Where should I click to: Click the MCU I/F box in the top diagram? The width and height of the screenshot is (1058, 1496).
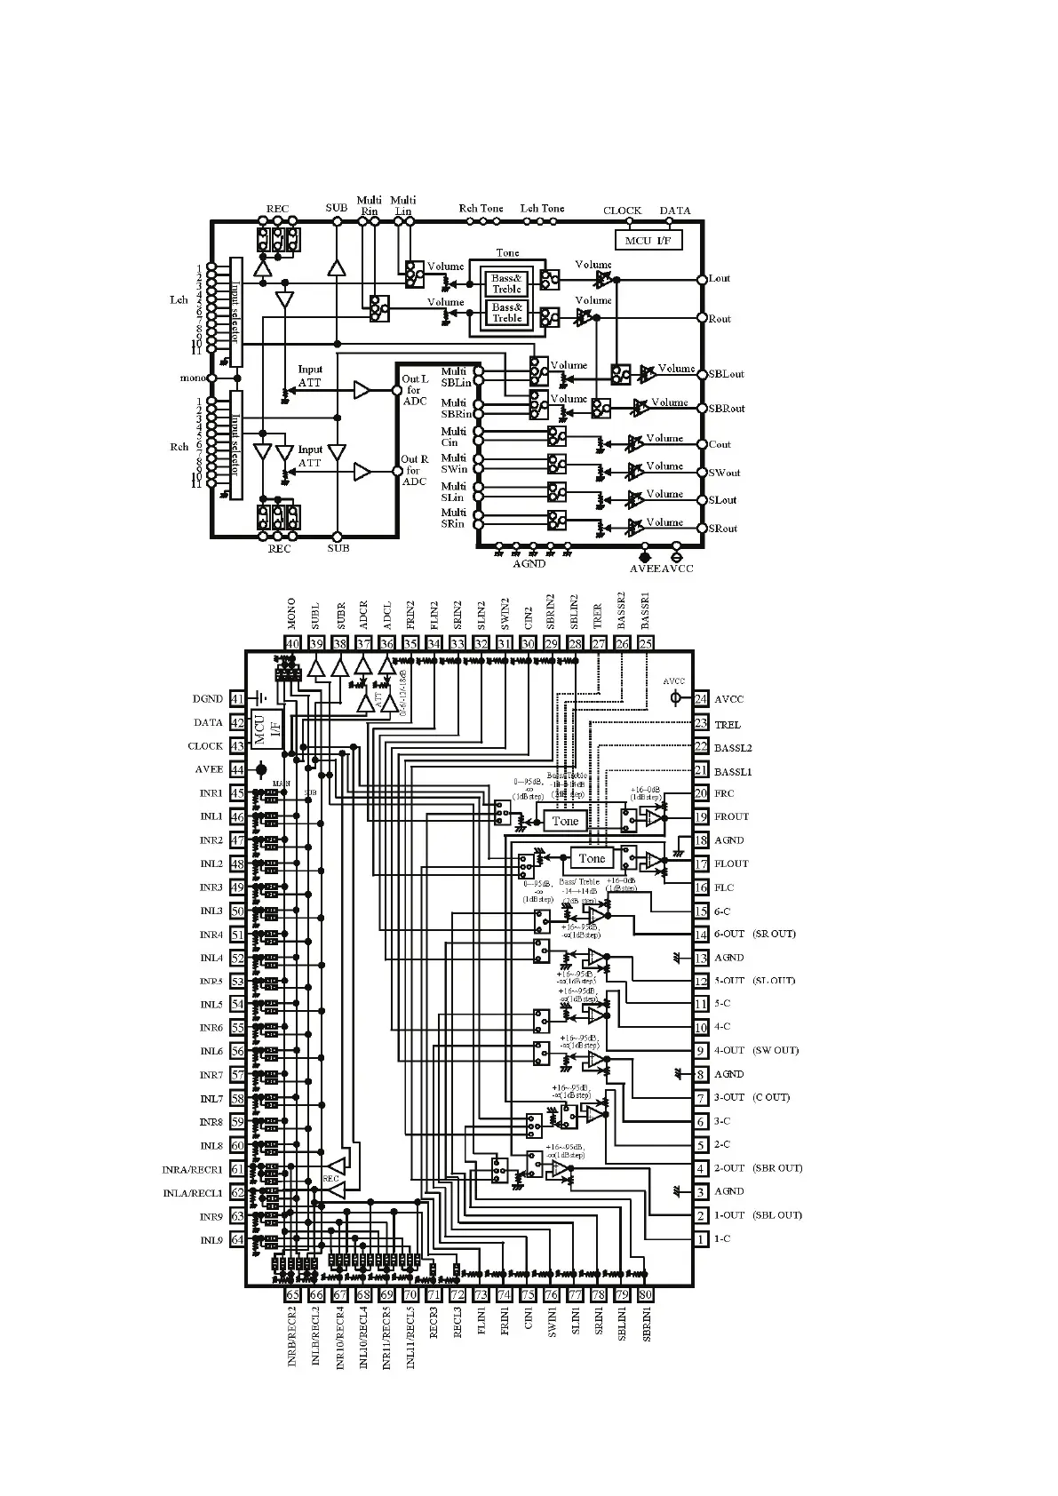point(648,240)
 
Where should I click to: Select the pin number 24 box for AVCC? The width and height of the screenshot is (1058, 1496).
point(701,699)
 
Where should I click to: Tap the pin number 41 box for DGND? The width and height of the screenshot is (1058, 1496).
point(237,699)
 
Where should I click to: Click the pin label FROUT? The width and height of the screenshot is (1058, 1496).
point(731,816)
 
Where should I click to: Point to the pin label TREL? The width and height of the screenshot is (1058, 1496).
point(727,724)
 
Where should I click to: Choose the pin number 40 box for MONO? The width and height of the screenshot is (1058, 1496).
point(293,644)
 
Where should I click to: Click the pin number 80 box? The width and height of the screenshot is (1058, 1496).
point(646,1294)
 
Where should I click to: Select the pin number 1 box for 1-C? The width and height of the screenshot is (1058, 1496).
point(701,1238)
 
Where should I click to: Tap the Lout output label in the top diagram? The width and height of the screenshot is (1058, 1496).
point(719,278)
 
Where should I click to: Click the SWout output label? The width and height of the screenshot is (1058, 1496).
point(724,473)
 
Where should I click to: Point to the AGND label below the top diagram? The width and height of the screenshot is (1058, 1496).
point(529,563)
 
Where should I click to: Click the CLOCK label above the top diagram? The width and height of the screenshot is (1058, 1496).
point(622,211)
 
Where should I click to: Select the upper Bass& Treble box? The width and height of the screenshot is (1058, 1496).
point(506,283)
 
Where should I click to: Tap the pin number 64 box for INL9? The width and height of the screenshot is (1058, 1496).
point(237,1239)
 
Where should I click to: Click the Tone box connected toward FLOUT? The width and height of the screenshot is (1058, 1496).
point(592,858)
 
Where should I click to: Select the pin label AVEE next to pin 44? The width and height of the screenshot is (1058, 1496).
point(209,769)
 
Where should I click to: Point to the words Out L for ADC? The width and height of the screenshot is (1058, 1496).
point(415,390)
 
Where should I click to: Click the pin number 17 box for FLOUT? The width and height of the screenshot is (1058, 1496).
point(701,863)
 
